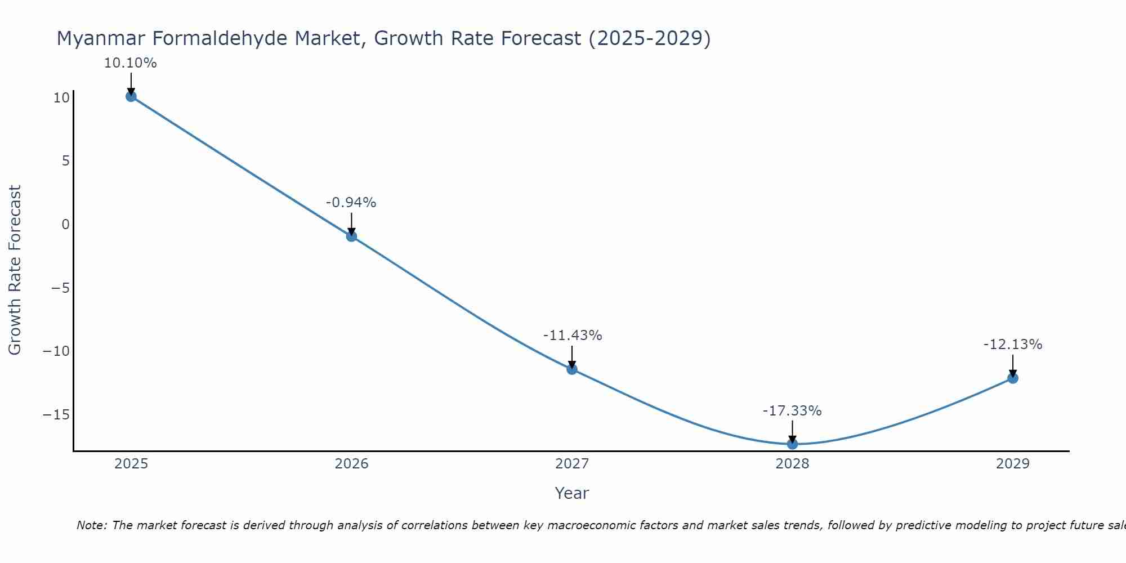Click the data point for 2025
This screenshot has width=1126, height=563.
pos(131,96)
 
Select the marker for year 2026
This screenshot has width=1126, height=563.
pos(351,236)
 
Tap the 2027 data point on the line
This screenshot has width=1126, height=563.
pos(572,369)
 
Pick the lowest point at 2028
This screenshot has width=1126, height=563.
pos(792,444)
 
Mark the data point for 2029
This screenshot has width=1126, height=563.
pos(1013,378)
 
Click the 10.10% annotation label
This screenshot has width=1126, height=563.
pos(130,63)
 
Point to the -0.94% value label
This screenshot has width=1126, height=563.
pos(351,203)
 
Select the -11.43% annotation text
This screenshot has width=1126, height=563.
pos(573,336)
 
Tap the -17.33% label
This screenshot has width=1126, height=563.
pos(792,411)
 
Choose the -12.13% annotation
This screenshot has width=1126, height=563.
pos(1013,345)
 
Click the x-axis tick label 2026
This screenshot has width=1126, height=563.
pos(351,464)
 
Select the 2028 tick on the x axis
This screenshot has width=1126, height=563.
pos(792,464)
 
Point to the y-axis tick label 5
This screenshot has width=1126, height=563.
pos(66,161)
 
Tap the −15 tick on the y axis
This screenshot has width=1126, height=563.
pos(56,415)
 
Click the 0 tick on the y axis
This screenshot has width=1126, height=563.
pos(66,225)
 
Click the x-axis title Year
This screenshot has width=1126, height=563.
pos(571,493)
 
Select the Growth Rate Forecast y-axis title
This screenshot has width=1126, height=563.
pos(15,270)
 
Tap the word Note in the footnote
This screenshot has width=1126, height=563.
pos(91,525)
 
